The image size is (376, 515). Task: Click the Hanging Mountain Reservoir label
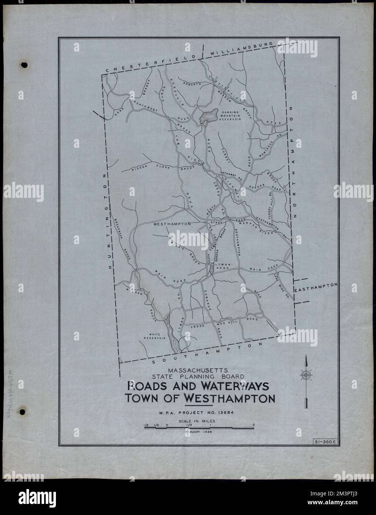(232, 116)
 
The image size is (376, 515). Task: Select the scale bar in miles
(199, 428)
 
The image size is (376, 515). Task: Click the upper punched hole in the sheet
(25, 65)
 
